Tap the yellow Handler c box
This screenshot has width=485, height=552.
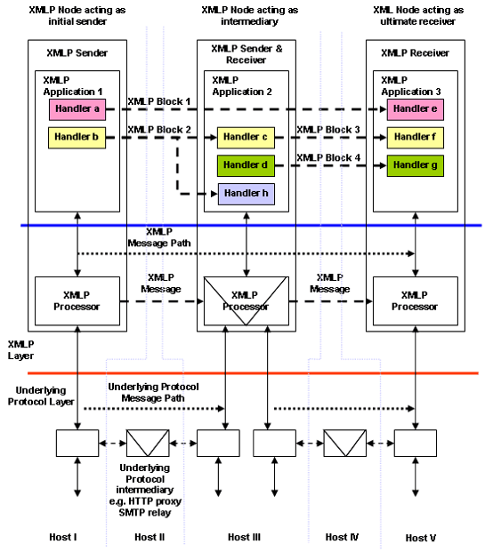(246, 138)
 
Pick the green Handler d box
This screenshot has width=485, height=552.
(246, 164)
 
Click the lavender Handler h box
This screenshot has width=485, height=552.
(246, 193)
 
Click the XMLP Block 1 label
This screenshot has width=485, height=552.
(159, 102)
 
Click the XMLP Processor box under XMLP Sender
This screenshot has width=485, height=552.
(77, 300)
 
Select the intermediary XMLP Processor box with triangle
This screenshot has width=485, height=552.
(246, 301)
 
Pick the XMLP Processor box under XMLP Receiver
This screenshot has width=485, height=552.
(415, 300)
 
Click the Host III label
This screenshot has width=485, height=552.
(246, 537)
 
